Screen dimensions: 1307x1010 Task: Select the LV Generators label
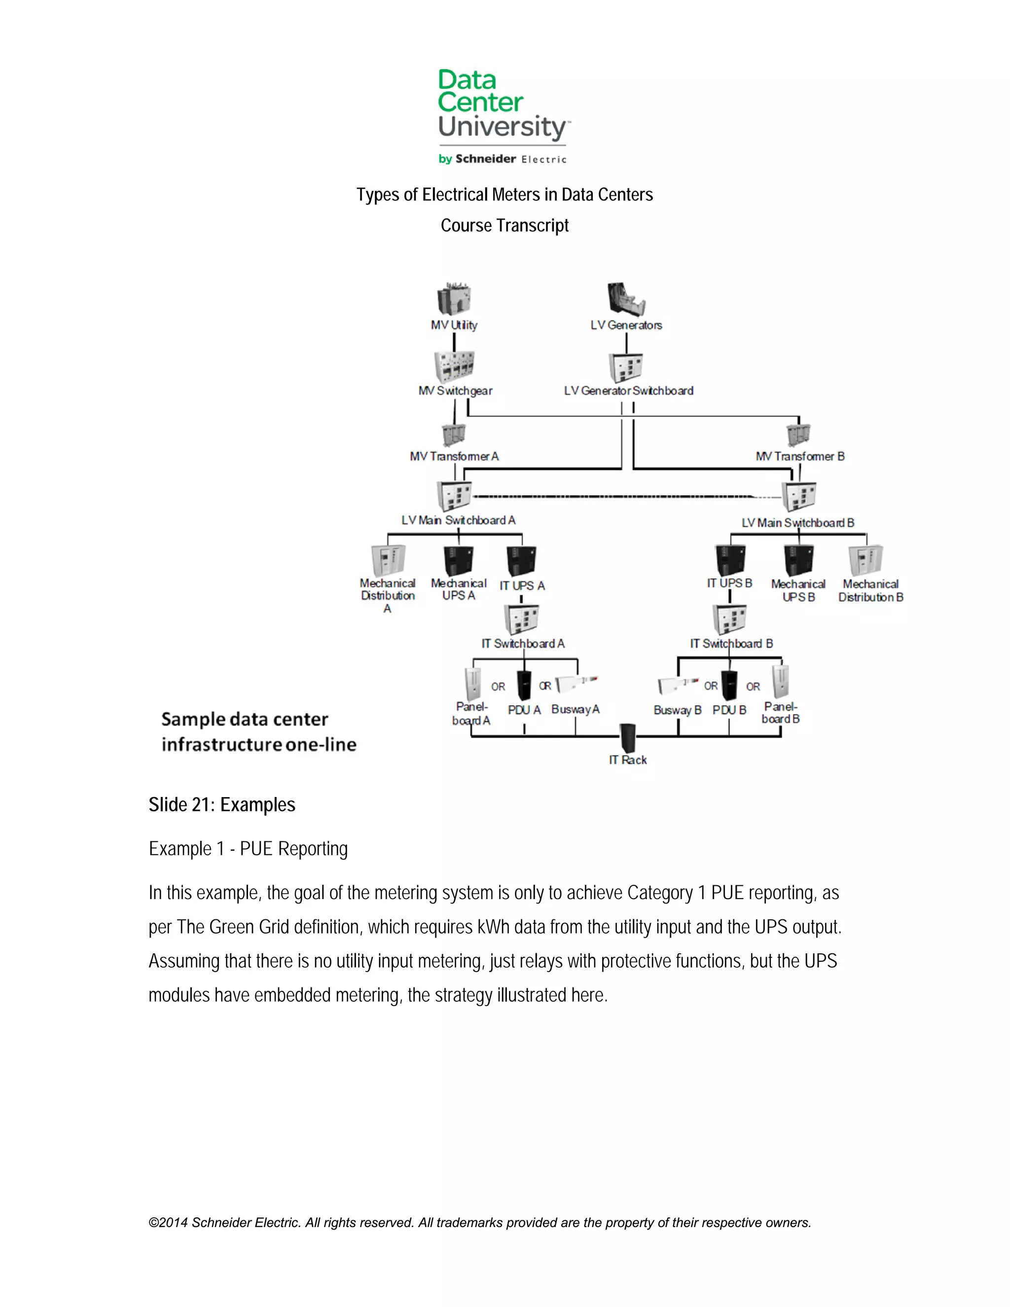[x=626, y=325]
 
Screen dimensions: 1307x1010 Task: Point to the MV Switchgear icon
[x=454, y=365]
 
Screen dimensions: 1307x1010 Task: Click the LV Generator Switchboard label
[x=628, y=391]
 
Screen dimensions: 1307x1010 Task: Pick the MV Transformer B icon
[x=798, y=435]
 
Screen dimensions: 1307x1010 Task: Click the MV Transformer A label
[x=454, y=456]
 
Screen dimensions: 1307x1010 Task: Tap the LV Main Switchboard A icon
[x=454, y=496]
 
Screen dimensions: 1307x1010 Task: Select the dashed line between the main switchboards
[x=616, y=496]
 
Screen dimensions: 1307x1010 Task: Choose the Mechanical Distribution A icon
[x=388, y=560]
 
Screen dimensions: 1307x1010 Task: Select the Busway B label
[x=677, y=710]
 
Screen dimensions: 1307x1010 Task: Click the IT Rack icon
[x=628, y=738]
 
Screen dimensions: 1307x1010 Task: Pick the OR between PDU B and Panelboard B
[x=753, y=687]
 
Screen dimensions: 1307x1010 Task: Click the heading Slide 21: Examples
[x=222, y=805]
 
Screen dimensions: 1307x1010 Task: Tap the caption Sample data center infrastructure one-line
[x=258, y=731]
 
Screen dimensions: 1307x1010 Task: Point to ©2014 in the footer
[x=168, y=1223]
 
